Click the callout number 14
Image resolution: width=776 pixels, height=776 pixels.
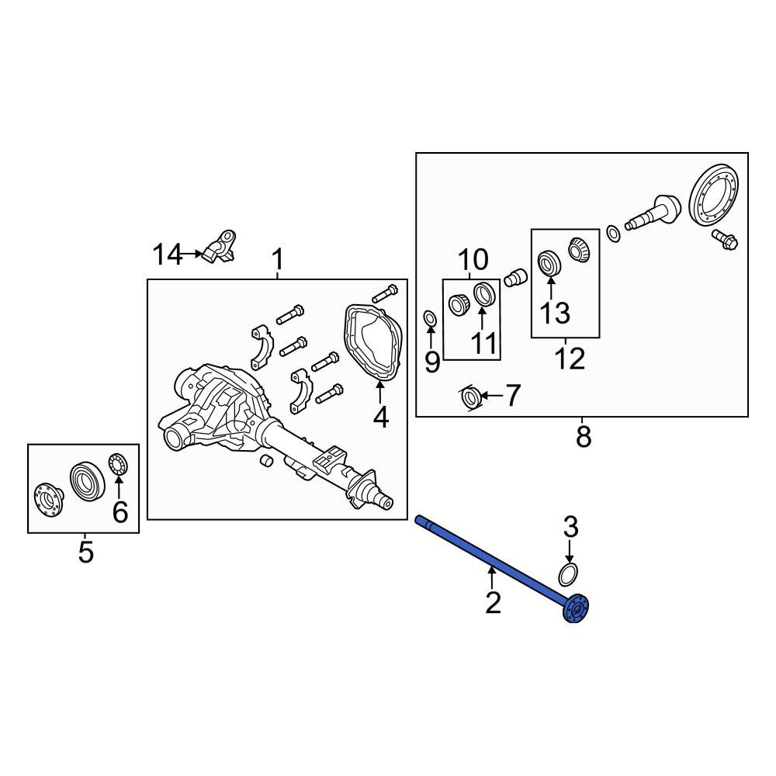coord(166,254)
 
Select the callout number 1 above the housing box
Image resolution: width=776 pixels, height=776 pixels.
coord(277,261)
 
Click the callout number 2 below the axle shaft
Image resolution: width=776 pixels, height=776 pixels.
coord(493,602)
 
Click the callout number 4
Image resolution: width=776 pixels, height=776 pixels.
coord(380,417)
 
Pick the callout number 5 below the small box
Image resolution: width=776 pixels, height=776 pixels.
coord(85,553)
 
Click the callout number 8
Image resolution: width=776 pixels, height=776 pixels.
coord(584,437)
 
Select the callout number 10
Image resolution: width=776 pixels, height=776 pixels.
coord(472,259)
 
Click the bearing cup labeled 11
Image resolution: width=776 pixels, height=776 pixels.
coord(483,295)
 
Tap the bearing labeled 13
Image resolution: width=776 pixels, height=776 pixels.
coord(550,262)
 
